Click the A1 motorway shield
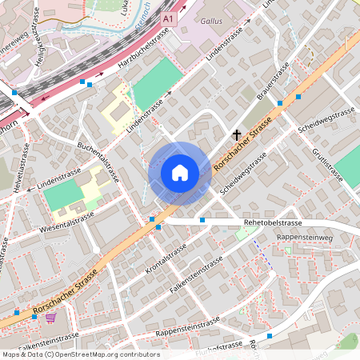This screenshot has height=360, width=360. click(x=166, y=17)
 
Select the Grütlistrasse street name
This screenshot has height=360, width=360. click(x=327, y=165)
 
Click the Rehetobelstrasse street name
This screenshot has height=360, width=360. click(x=272, y=222)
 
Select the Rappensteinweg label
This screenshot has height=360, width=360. click(x=303, y=238)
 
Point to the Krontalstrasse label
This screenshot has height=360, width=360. click(x=169, y=255)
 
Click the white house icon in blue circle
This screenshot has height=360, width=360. click(x=180, y=173)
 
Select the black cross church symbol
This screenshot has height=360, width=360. click(x=236, y=135)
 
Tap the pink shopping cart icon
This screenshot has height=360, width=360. click(x=51, y=318)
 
